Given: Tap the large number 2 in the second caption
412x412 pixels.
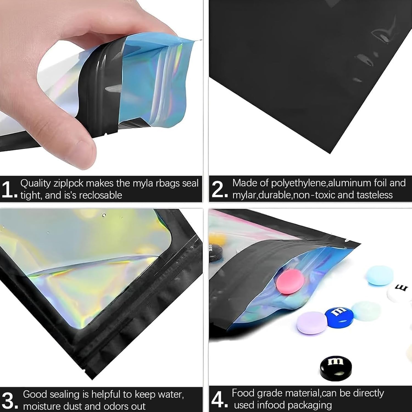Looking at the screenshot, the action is [218, 189].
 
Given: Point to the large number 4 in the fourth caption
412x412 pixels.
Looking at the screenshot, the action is [218, 399].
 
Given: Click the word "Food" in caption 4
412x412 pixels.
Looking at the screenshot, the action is [242, 393].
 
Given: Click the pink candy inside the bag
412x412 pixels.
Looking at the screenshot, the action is [290, 281].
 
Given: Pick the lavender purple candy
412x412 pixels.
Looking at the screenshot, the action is [312, 323].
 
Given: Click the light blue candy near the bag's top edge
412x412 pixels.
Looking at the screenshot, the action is [380, 275].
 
